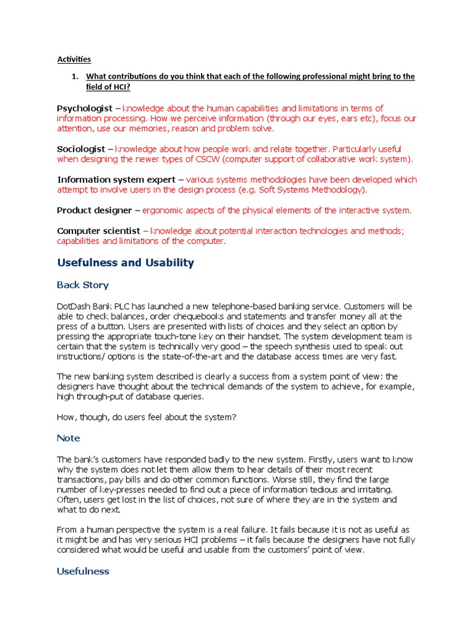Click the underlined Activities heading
pyautogui.click(x=74, y=59)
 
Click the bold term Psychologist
pyautogui.click(x=85, y=108)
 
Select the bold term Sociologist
pyautogui.click(x=82, y=149)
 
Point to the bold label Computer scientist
pyautogui.click(x=98, y=231)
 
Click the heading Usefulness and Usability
pyautogui.click(x=126, y=263)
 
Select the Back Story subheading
pyautogui.click(x=82, y=285)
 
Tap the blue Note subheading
pyautogui.click(x=68, y=438)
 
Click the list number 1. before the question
pyautogui.click(x=75, y=77)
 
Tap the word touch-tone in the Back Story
pyautogui.click(x=169, y=336)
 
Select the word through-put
pyautogui.click(x=92, y=397)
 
